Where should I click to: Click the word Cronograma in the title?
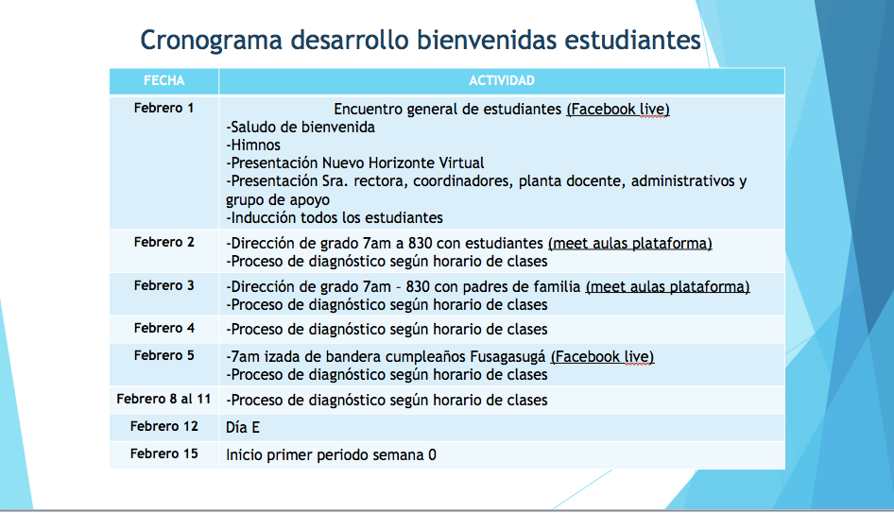coord(211,41)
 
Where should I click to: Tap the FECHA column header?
coord(164,81)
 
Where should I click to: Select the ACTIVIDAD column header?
coord(502,81)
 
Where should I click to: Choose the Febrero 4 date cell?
coord(164,329)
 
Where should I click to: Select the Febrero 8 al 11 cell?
coord(164,399)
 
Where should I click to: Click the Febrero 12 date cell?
coord(164,426)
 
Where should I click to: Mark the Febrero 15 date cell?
coord(164,453)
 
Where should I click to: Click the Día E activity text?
coord(243,427)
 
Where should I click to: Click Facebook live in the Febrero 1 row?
coord(618,110)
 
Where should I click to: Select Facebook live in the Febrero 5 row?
coord(602,357)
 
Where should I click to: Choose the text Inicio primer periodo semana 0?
coord(332,454)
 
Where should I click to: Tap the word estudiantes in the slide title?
coord(632,41)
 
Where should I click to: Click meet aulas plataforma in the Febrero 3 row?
coord(667,286)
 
